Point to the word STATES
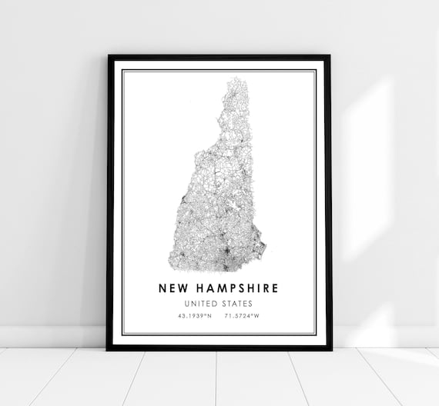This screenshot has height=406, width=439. [238, 304]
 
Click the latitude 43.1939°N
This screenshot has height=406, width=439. [196, 316]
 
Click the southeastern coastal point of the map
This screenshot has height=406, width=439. [264, 248]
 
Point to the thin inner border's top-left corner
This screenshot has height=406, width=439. [122, 70]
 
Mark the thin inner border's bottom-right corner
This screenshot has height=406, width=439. [316, 334]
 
